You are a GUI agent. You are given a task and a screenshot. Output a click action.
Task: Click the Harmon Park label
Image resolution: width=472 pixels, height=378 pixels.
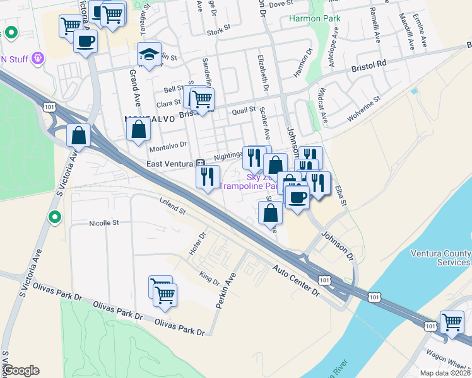[315, 18]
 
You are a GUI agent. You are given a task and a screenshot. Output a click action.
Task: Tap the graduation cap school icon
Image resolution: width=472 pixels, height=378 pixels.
[150, 55]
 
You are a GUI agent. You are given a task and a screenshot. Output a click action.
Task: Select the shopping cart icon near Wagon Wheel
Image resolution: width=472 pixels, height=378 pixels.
[452, 323]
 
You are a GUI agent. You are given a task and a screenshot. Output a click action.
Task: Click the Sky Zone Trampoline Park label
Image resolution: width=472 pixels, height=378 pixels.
[249, 182]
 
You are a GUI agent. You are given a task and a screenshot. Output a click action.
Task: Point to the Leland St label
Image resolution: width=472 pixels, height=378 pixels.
[172, 206]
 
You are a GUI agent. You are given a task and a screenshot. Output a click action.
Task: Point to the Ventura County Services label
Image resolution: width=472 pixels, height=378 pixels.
[440, 258]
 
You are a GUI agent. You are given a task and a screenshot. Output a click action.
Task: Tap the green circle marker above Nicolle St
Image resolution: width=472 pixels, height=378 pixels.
[55, 217]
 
